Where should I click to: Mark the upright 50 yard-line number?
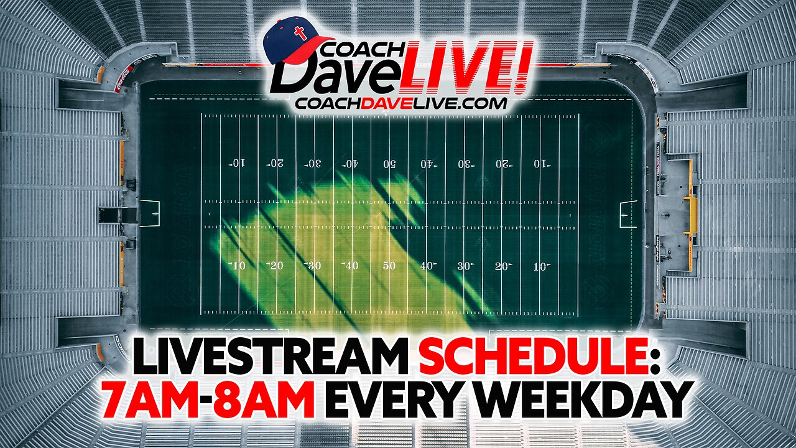click(389, 266)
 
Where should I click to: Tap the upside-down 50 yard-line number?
click(389, 164)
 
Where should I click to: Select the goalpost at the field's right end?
click(628, 213)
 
